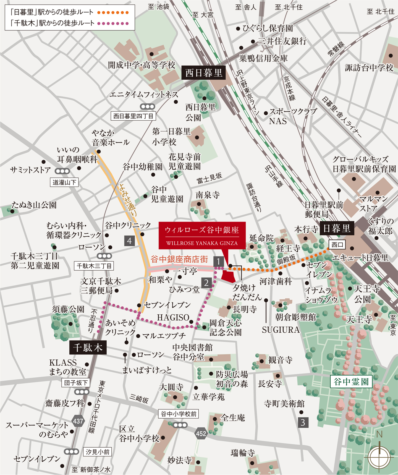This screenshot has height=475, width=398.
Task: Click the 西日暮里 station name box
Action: point(204,73)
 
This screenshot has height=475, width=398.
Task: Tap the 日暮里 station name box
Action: point(337,228)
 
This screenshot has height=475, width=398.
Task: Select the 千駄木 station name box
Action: point(88,348)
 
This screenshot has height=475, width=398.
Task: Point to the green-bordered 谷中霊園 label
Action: point(351,382)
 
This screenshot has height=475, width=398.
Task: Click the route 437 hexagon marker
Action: point(78,421)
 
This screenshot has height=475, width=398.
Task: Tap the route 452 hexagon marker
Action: point(201,434)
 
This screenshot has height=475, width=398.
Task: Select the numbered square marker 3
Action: point(303,422)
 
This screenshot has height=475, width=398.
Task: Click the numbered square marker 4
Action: point(129,241)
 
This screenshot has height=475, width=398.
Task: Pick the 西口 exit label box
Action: point(337,244)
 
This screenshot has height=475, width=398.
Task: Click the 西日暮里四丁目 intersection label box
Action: point(133,116)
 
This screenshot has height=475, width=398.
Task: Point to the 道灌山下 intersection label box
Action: point(64,182)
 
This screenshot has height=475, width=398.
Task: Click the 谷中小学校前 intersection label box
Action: point(179,414)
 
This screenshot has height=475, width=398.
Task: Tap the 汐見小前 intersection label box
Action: point(97,452)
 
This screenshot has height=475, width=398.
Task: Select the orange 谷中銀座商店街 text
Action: point(179,259)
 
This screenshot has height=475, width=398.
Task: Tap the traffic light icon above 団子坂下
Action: point(82,392)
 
